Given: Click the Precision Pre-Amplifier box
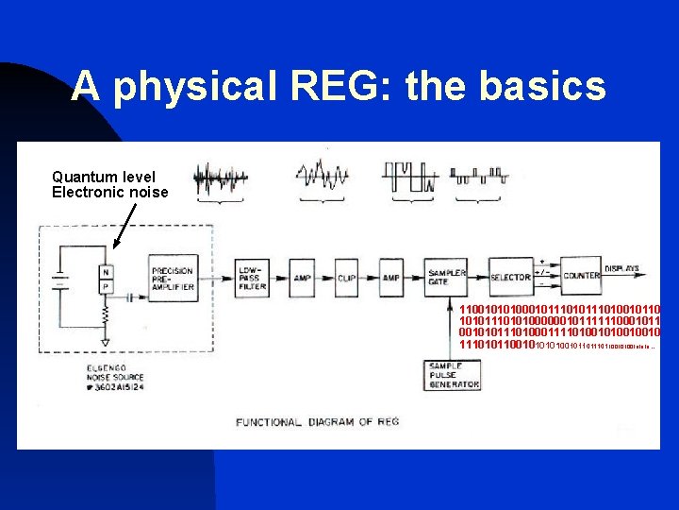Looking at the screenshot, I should tap(173, 278).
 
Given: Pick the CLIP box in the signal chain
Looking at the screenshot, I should tap(347, 278).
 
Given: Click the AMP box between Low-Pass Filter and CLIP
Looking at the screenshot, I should tap(302, 278).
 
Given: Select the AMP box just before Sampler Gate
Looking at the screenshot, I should tap(390, 278).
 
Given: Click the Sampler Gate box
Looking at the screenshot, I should tap(446, 277).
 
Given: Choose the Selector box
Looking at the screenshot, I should tap(510, 278).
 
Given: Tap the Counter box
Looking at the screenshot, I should tap(581, 275).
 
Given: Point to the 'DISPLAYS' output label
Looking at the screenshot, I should tap(621, 269).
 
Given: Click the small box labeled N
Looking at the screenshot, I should tap(107, 272).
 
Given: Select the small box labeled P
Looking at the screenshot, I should tap(107, 286).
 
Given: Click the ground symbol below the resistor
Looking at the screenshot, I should tap(106, 341).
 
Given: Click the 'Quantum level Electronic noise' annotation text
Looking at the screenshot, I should tap(109, 184).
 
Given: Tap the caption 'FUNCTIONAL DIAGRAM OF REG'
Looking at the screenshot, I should tap(317, 422).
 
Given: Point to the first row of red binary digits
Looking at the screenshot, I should tap(559, 310).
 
